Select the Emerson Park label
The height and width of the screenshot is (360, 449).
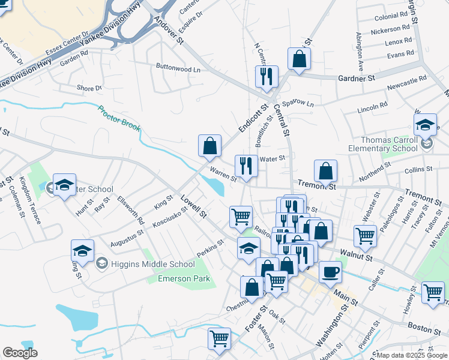click(175, 278)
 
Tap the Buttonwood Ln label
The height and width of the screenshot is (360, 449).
click(178, 68)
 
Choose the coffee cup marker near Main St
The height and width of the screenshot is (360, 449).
click(330, 272)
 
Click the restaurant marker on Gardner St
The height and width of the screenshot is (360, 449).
click(266, 76)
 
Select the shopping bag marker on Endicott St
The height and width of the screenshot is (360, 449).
click(209, 145)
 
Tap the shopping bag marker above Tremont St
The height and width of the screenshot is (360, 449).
click(325, 170)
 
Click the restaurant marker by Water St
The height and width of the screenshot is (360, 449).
click(246, 166)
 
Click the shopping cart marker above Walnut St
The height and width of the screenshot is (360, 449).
click(365, 236)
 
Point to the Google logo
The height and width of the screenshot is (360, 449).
click(20, 353)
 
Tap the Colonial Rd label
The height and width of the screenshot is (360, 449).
click(391, 17)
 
